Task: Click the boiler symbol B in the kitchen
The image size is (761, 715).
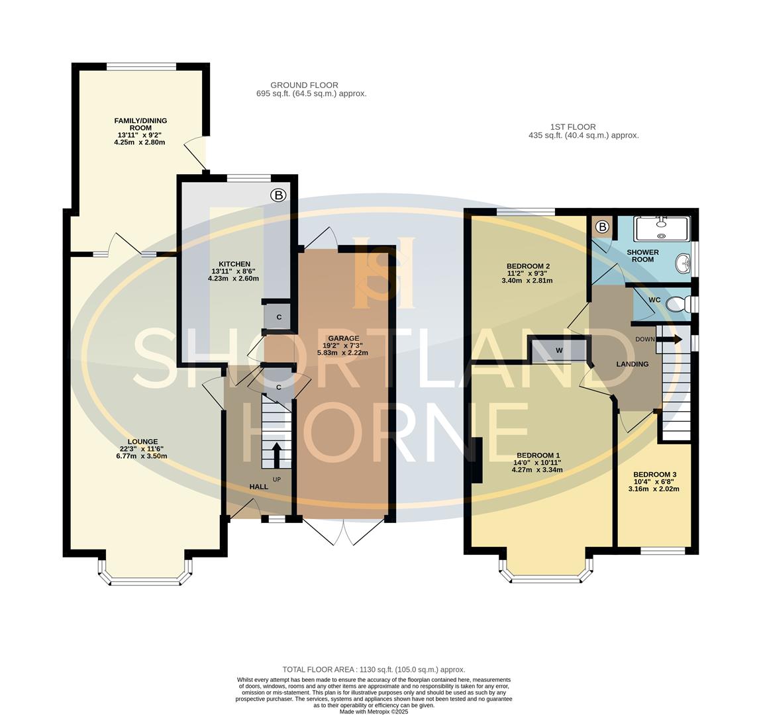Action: tap(278, 195)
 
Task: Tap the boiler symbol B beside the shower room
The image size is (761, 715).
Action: tap(602, 228)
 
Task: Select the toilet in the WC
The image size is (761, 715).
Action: tap(676, 305)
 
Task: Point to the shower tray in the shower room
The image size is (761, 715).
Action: tap(662, 228)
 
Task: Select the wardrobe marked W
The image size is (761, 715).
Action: tap(559, 350)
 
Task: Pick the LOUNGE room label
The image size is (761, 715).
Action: tap(143, 442)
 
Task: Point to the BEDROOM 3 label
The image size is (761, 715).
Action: tap(654, 475)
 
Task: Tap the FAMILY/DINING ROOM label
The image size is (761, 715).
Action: tap(140, 124)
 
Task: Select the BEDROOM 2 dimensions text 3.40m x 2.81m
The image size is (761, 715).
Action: tap(527, 280)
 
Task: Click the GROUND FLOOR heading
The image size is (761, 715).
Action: tap(304, 85)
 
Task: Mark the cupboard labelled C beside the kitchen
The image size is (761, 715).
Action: tap(279, 317)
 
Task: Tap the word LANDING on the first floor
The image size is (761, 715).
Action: tap(632, 364)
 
